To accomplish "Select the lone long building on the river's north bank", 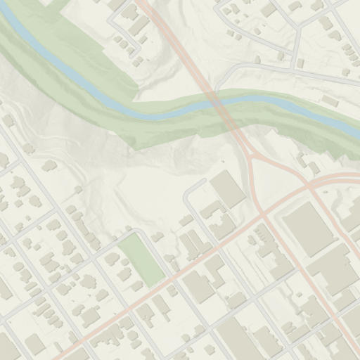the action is (x=329, y=102).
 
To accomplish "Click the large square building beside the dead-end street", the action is (x=228, y=188).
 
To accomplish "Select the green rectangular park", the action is (x=141, y=258).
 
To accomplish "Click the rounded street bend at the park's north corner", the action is (x=138, y=231).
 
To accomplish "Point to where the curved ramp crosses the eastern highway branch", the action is (x=309, y=186).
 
